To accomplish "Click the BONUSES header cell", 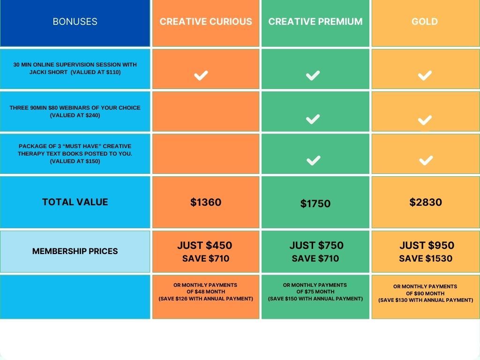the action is [75, 22].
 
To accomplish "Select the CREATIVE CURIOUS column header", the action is [206, 22].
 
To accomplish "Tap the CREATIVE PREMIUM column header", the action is [315, 22].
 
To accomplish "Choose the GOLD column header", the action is [425, 22].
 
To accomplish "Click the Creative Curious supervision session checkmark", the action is [201, 75].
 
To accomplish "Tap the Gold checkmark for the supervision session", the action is [425, 75].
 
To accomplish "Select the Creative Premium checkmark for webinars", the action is [313, 119].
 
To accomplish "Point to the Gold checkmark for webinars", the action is [425, 120].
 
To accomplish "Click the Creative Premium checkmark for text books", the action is [314, 160].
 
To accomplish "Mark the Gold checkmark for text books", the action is [426, 160].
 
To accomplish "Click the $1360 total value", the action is [206, 202].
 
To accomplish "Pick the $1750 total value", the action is [315, 203].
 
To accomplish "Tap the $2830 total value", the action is [426, 202].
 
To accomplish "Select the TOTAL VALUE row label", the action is [75, 202].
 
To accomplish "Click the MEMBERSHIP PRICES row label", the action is [75, 251].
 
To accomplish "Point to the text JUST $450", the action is [204, 245].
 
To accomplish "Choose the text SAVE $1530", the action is [426, 258].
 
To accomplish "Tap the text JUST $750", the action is [316, 245].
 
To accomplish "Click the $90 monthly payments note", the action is [426, 293].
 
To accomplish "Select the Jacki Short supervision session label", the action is [75, 68].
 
